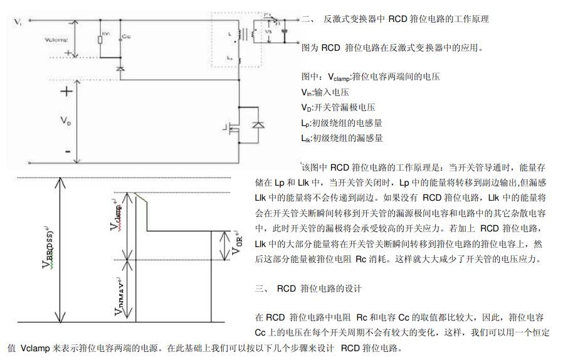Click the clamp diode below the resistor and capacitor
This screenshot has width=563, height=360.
[x=119, y=65]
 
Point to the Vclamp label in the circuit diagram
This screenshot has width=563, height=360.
[x=56, y=39]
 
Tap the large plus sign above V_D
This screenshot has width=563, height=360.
[x=66, y=92]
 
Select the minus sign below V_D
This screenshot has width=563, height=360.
[x=66, y=151]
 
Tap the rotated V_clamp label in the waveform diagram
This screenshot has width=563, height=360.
[x=116, y=216]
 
